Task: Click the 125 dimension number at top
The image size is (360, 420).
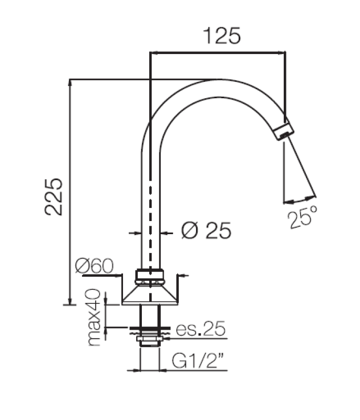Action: (221, 36)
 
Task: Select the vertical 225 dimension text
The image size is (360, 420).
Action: (55, 196)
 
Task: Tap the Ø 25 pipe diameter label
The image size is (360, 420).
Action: (206, 230)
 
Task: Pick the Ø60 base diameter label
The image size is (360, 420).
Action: (94, 266)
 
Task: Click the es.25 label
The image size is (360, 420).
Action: (200, 329)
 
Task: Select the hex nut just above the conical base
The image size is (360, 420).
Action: (150, 276)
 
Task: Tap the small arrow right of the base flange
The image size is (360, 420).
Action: (183, 275)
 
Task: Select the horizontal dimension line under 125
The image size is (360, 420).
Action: (218, 52)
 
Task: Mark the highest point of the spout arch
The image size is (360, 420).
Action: (215, 80)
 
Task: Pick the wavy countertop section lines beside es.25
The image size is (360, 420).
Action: (150, 330)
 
